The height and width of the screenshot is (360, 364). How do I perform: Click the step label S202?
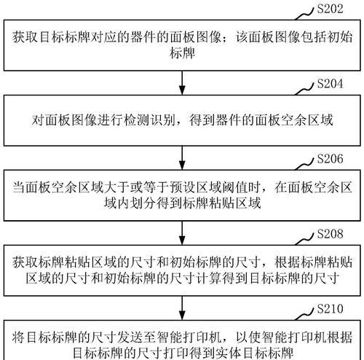pos(331,9)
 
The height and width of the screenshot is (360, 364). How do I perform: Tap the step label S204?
pos(331,84)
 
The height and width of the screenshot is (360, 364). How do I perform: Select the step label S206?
pos(331,159)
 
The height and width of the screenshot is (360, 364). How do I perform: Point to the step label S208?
pos(331,234)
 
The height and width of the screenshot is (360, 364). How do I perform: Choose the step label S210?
pos(331,309)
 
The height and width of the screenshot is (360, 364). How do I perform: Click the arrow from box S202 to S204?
pos(182,83)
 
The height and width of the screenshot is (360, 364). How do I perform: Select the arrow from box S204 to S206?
pos(182,158)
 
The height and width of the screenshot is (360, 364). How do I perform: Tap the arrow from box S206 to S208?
pos(182,233)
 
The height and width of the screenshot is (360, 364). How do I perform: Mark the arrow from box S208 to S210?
pos(182,308)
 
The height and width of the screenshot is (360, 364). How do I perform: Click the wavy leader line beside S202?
pos(305,14)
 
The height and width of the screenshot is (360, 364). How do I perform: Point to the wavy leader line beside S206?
pos(305,164)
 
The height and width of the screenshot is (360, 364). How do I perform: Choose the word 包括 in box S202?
pos(313,37)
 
